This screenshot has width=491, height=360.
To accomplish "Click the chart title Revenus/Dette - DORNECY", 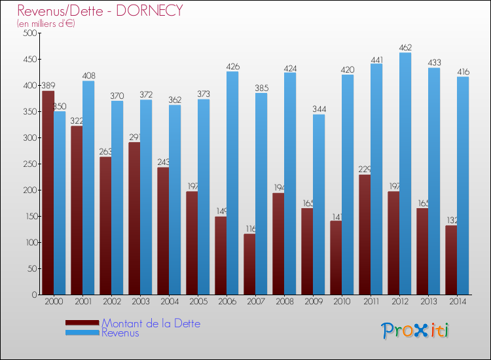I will (100, 10).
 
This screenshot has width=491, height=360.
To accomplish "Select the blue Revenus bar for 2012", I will (405, 173).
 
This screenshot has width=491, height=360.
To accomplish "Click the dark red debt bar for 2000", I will (48, 192).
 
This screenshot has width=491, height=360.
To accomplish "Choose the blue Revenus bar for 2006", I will (232, 183).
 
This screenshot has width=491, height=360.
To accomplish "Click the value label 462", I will (405, 47).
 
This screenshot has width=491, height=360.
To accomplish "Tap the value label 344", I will (319, 109).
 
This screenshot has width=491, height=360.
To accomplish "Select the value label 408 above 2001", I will (88, 75).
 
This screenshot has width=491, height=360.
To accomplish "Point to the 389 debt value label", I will (48, 85).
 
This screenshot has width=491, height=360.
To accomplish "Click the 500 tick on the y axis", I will (28, 33).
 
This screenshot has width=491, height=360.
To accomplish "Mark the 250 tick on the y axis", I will (28, 164).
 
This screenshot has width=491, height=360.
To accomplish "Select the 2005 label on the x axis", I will (198, 302).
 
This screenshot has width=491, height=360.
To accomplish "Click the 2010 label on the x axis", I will (342, 302).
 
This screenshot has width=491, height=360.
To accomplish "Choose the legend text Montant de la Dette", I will (151, 323).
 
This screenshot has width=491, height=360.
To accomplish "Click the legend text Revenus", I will (120, 333).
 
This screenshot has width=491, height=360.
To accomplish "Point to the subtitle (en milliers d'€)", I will (46, 24).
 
